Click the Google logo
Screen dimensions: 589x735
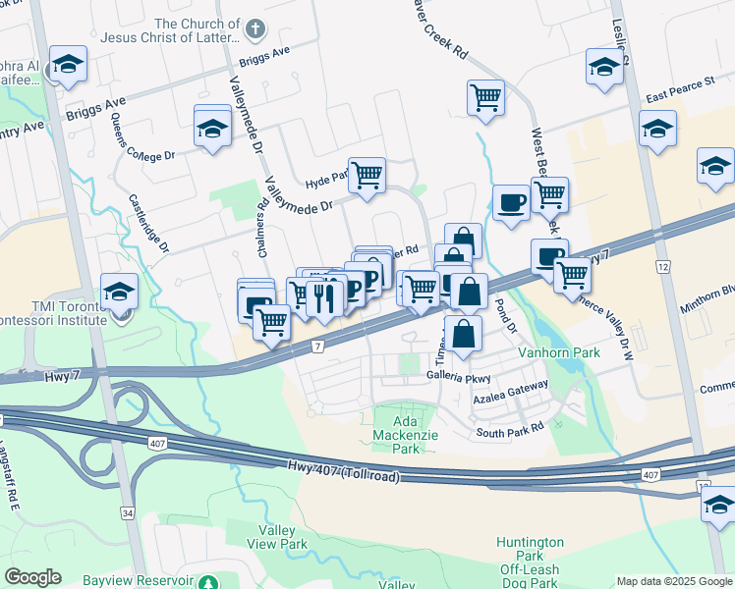point(32,577)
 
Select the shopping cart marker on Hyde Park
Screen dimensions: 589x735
point(367,176)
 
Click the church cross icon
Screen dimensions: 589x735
point(255,28)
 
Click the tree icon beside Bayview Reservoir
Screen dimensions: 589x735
point(206,582)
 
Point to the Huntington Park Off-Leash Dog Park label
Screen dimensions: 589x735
point(530,562)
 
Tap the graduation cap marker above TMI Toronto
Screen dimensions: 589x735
point(119,293)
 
